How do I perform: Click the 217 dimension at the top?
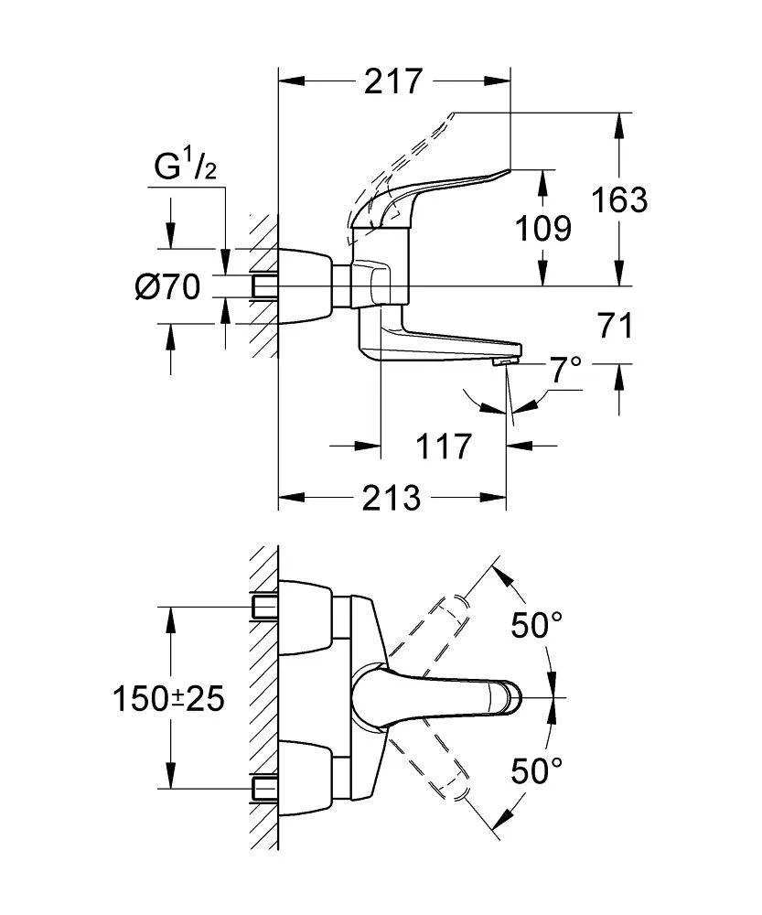[395, 81]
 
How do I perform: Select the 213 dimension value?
[392, 499]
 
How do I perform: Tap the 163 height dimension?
[619, 199]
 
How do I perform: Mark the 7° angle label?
[564, 370]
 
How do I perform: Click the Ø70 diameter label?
[167, 287]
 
